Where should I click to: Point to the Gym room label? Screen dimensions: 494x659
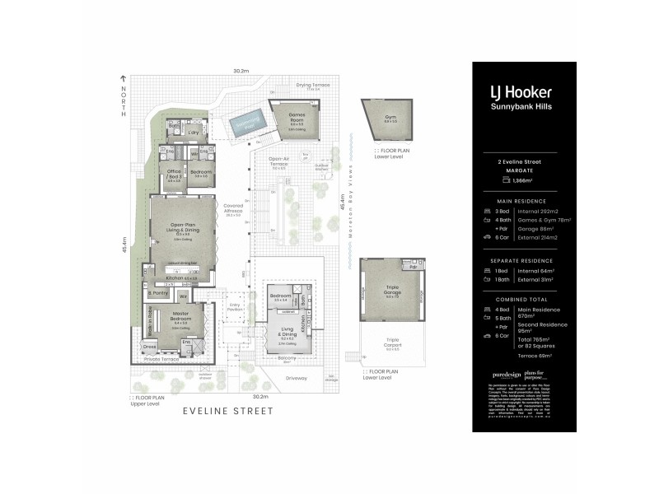(x=380, y=118)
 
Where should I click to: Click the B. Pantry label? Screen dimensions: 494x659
(x=158, y=293)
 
